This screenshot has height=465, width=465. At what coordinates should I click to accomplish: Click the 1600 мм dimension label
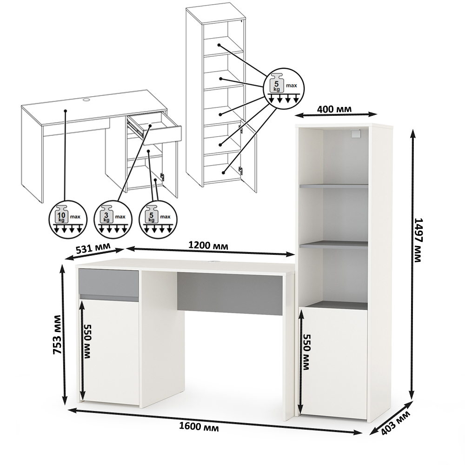point(199,427)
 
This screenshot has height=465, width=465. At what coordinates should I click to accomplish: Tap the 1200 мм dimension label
point(208,245)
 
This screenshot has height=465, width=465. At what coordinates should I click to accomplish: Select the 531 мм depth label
point(93,248)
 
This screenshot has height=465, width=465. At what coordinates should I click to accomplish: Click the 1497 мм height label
point(418,240)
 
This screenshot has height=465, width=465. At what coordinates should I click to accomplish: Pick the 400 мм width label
point(334,109)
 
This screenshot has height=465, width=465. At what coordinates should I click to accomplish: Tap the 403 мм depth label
point(395,422)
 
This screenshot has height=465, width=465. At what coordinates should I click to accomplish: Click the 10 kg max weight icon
point(68,220)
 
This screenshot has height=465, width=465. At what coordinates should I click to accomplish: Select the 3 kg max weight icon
point(113,220)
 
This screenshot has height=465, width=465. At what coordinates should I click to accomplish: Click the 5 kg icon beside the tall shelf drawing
point(284,88)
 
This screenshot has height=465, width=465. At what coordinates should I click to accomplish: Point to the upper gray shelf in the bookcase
point(333,186)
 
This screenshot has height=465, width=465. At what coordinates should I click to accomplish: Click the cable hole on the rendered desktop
point(214,262)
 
